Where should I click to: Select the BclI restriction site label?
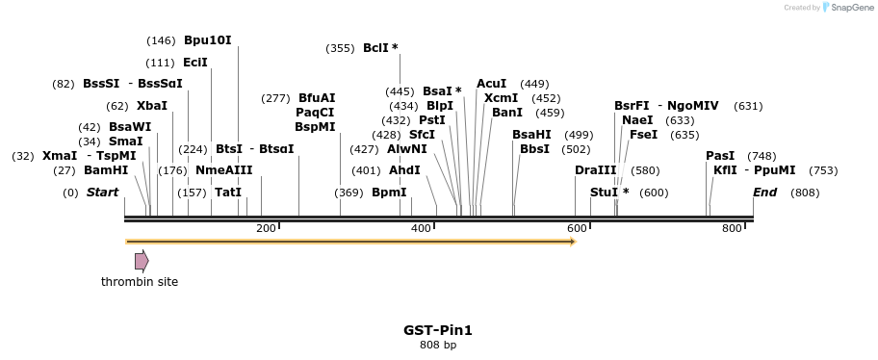(376, 48)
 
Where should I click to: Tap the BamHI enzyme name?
(106, 170)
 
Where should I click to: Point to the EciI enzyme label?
(195, 63)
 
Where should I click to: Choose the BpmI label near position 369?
(389, 193)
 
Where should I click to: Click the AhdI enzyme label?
(404, 170)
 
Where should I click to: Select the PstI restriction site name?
(432, 120)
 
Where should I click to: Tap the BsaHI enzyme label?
(531, 135)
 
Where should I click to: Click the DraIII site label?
(595, 170)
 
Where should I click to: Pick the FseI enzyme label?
(643, 135)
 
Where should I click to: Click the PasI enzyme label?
(720, 156)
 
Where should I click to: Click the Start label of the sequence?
(102, 193)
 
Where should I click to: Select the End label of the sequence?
(764, 193)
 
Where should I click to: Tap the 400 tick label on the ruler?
(421, 228)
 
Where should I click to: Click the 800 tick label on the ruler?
(732, 228)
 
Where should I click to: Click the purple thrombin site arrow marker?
(142, 261)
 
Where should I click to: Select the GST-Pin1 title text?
(438, 330)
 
